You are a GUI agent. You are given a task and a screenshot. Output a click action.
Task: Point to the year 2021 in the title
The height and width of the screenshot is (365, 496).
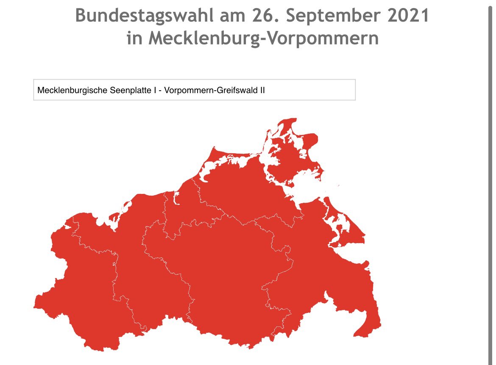[x=409, y=16]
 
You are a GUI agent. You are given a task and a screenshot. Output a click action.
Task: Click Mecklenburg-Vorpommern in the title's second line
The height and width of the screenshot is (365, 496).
[x=263, y=38]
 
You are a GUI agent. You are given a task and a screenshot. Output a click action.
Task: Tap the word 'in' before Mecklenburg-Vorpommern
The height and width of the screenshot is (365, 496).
[x=135, y=38]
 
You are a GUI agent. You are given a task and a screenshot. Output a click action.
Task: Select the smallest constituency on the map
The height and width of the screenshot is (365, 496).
[x=180, y=212]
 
